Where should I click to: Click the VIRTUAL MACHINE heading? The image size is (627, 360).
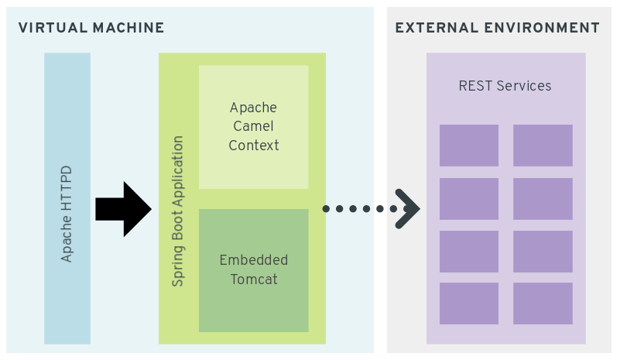click(x=91, y=28)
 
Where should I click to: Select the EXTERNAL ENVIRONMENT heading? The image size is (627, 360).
click(x=497, y=28)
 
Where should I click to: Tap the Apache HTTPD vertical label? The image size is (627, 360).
click(x=67, y=213)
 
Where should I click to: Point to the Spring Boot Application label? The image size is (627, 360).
click(x=178, y=211)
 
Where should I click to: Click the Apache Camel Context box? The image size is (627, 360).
click(x=253, y=127)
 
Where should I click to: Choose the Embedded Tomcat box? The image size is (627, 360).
click(x=253, y=270)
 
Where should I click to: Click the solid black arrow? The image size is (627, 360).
click(x=123, y=209)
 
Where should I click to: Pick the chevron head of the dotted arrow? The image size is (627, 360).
click(x=408, y=209)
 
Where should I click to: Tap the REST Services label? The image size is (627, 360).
click(x=505, y=86)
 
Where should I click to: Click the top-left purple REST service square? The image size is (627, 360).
click(x=469, y=146)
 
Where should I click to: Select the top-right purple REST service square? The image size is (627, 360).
click(x=543, y=146)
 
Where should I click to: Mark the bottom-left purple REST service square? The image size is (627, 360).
click(x=469, y=303)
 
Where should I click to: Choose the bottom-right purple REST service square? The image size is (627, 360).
click(x=543, y=303)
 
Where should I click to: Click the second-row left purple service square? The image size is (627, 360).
click(x=469, y=199)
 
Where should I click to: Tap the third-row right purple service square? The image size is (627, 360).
click(x=543, y=252)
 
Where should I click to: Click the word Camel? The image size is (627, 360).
click(x=253, y=126)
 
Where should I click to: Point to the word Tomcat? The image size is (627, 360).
click(x=253, y=279)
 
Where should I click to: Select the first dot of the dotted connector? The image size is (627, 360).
click(x=326, y=209)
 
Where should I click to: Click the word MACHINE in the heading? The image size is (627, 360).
click(x=128, y=28)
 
